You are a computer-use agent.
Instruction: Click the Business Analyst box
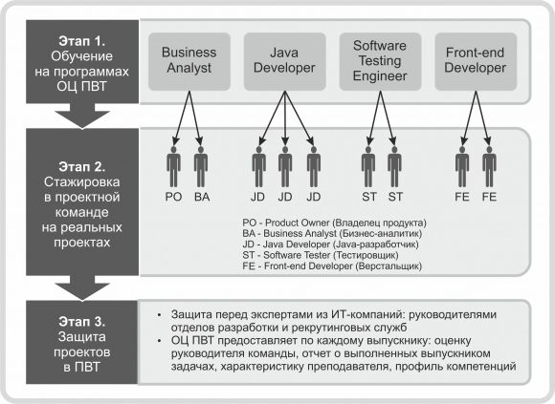(189, 61)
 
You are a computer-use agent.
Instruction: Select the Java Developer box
(285, 61)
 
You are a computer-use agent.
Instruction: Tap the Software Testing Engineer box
(380, 61)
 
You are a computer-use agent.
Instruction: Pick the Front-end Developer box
(476, 61)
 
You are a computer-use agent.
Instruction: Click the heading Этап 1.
(82, 41)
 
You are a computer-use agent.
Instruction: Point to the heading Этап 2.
(82, 167)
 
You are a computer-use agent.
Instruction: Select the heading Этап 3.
(82, 321)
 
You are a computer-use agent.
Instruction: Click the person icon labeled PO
(173, 167)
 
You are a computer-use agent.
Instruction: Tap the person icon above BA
(201, 167)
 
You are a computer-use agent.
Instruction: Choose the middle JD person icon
(285, 167)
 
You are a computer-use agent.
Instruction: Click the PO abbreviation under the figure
(173, 197)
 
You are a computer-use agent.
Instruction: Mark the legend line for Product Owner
(335, 223)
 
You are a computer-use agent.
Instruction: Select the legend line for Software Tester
(321, 255)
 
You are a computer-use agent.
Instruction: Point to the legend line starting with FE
(332, 266)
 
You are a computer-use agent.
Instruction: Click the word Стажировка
(82, 182)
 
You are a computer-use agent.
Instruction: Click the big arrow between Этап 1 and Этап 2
(82, 116)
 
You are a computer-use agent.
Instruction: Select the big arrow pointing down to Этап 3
(82, 287)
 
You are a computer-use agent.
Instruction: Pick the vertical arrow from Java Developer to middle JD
(285, 118)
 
